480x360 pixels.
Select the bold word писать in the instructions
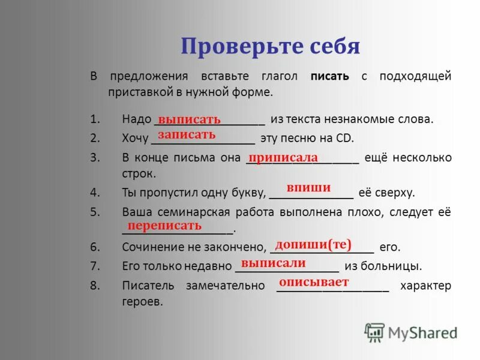330,76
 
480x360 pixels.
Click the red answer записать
187,134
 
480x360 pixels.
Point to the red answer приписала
283,157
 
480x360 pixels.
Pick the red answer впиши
308,188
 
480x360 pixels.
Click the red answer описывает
314,281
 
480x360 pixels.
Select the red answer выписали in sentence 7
273,263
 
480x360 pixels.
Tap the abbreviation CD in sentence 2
346,139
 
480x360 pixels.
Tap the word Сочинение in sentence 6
151,247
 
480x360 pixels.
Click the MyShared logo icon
374,332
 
